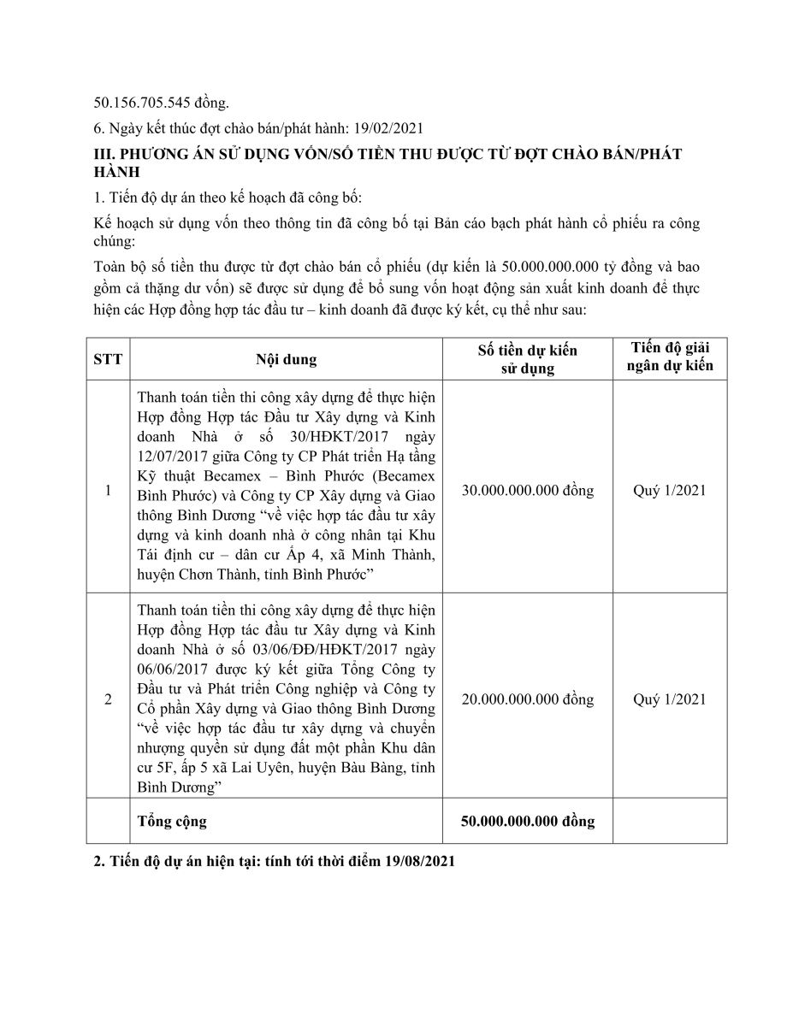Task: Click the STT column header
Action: pyautogui.click(x=108, y=359)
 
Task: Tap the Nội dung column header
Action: pyautogui.click(x=286, y=359)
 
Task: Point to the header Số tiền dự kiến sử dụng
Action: pyautogui.click(x=527, y=359)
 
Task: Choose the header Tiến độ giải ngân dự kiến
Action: pyautogui.click(x=670, y=358)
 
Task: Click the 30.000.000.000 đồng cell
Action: pyautogui.click(x=527, y=491)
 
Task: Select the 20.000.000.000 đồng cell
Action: pyautogui.click(x=527, y=699)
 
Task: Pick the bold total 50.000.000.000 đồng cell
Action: pyautogui.click(x=527, y=822)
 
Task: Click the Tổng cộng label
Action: pyautogui.click(x=172, y=822)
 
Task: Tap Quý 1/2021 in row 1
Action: pyautogui.click(x=670, y=491)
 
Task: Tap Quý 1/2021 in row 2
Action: pyautogui.click(x=670, y=699)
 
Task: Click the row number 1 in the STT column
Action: pyautogui.click(x=108, y=491)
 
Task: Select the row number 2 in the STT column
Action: pyautogui.click(x=108, y=699)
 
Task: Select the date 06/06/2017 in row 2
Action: pyautogui.click(x=169, y=669)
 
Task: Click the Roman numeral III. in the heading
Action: pyautogui.click(x=103, y=153)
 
